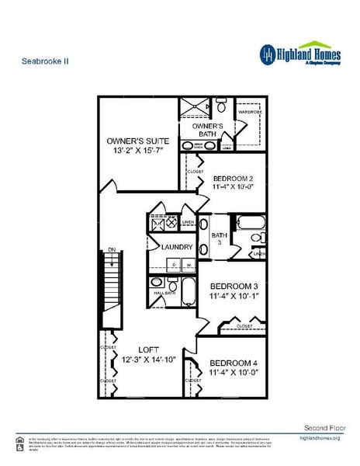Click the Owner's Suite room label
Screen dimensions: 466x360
coord(137,141)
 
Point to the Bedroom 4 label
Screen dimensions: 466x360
coord(232,363)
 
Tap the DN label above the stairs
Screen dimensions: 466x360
coord(112,249)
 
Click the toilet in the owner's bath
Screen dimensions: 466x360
coord(221,104)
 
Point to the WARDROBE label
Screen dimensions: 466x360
coord(250,111)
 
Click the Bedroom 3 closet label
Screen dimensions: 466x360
coord(244,325)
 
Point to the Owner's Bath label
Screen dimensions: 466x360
coord(207,129)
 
